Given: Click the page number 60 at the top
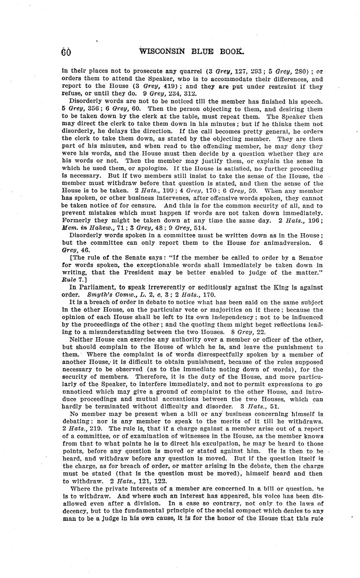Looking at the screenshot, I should pyautogui.click(x=66, y=52).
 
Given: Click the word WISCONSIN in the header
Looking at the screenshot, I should pyautogui.click(x=162, y=52).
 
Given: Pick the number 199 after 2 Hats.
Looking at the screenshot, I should pyautogui.click(x=169, y=190).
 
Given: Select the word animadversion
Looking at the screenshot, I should pyautogui.click(x=284, y=243).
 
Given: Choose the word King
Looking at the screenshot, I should pyautogui.click(x=280, y=287).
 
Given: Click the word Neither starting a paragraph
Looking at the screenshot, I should pyautogui.click(x=82, y=339).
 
